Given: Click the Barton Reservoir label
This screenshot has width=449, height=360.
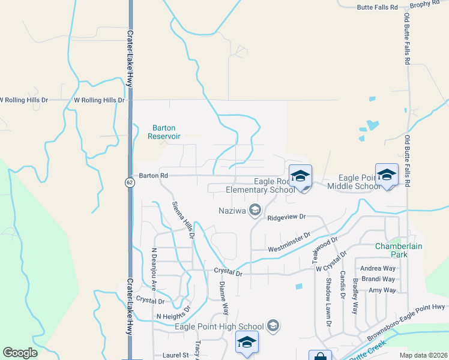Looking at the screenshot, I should pyautogui.click(x=164, y=132).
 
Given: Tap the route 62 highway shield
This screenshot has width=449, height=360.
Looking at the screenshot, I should pyautogui.click(x=130, y=182).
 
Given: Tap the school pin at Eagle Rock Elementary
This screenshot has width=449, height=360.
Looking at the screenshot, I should pyautogui.click(x=300, y=176).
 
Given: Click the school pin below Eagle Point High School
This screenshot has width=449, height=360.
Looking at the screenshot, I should pyautogui.click(x=247, y=342).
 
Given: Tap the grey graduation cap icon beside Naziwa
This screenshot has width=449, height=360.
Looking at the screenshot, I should pyautogui.click(x=255, y=209).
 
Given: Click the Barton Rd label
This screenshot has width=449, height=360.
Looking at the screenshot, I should pyautogui.click(x=152, y=176).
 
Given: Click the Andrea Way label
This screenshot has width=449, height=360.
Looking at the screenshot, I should pyautogui.click(x=377, y=268).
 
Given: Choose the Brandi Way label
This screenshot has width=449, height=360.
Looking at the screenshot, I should pyautogui.click(x=378, y=279).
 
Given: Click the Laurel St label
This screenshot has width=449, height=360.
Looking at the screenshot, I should pyautogui.click(x=175, y=355).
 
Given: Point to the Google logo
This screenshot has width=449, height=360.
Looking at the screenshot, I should pyautogui.click(x=20, y=353).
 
